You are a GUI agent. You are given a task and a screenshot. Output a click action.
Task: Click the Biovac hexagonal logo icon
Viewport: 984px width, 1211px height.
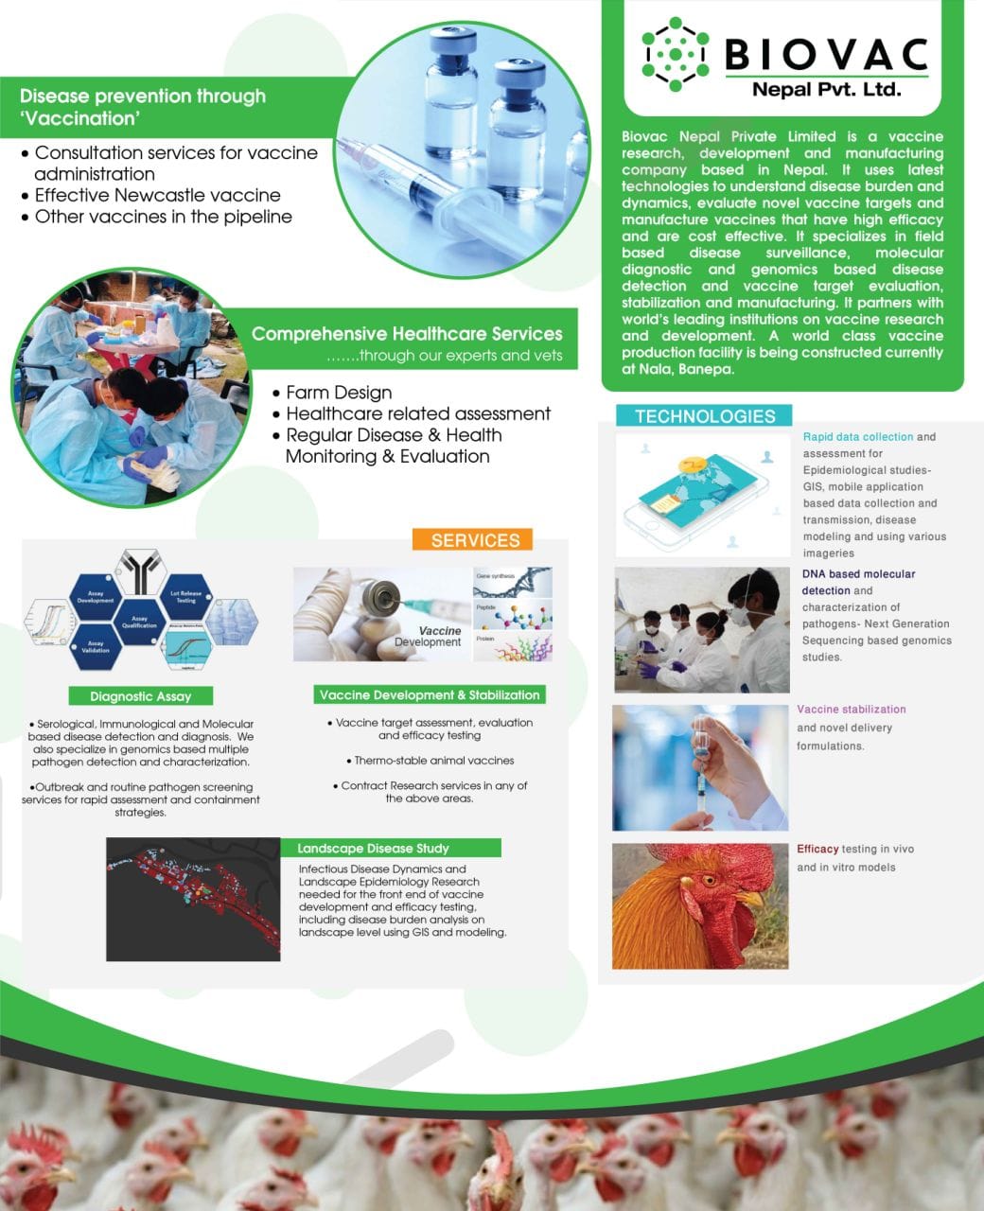[x=675, y=54]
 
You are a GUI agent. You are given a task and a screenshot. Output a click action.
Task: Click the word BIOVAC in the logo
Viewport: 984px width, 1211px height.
[x=826, y=54]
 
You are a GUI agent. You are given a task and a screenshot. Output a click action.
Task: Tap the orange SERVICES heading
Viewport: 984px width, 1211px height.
[x=475, y=540]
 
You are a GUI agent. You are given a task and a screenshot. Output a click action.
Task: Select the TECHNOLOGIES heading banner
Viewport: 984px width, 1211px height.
[x=704, y=416]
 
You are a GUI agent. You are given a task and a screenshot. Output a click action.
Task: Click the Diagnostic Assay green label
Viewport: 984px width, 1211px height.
[x=141, y=696]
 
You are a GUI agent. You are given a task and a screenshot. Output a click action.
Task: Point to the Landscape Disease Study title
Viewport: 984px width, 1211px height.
[x=373, y=849]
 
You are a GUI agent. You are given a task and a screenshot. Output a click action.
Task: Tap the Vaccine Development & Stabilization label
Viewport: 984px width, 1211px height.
[x=430, y=695]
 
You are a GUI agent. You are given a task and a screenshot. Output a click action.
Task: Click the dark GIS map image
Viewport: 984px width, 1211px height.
[x=194, y=899]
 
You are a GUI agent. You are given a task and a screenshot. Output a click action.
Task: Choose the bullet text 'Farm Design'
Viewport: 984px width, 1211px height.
[x=338, y=393]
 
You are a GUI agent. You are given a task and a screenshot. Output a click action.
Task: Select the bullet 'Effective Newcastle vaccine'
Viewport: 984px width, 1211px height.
[x=157, y=196]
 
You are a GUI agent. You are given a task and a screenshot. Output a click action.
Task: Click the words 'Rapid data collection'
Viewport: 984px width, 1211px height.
[x=857, y=437]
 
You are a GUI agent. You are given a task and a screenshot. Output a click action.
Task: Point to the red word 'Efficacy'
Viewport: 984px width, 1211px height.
[x=817, y=850]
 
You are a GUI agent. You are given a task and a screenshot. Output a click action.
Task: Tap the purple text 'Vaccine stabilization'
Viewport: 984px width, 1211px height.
[x=851, y=710]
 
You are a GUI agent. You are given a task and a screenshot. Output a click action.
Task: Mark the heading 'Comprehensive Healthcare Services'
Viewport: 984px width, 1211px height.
[x=407, y=334]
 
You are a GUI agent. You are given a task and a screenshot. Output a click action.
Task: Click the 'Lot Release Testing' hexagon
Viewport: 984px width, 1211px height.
[x=185, y=598]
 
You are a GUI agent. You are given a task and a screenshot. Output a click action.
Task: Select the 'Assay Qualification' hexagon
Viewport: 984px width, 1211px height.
[x=140, y=622]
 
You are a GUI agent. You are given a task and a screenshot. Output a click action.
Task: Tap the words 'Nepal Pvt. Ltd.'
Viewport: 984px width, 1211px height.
[x=826, y=91]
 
